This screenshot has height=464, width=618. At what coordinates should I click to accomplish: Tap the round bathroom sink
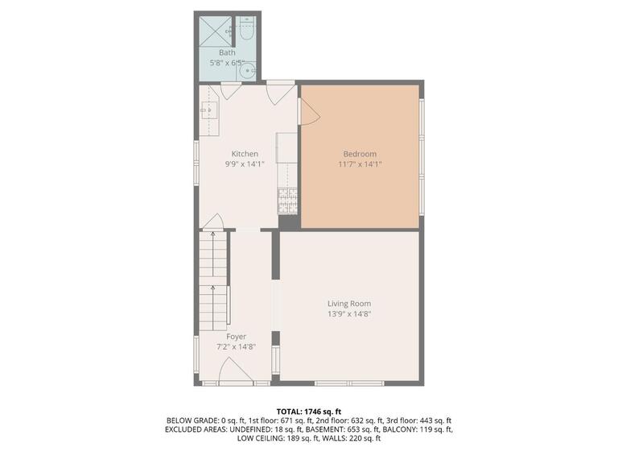[x=248, y=70]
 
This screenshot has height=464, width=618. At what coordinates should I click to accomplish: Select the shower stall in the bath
[x=213, y=31]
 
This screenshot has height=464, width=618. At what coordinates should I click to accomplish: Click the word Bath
[x=228, y=53]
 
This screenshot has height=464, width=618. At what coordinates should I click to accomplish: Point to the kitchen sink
[x=209, y=110]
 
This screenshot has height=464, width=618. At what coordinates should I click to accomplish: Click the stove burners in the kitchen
[x=286, y=198]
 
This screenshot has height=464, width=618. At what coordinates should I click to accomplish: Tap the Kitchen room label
[x=245, y=154]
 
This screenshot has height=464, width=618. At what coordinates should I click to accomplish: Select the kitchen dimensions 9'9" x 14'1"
[x=245, y=164]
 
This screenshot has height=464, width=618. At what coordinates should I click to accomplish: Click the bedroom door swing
[x=309, y=113]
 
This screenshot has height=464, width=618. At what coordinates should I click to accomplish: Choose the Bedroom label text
[x=360, y=154]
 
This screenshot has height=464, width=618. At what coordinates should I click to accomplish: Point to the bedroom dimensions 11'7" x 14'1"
[x=360, y=164]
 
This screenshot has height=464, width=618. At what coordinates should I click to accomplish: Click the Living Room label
[x=348, y=304]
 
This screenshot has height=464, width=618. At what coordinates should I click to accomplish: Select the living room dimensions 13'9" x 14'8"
[x=348, y=314]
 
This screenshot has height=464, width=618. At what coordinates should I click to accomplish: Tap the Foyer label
[x=236, y=337]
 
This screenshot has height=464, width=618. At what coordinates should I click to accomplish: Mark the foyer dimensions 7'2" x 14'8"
[x=236, y=347]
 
